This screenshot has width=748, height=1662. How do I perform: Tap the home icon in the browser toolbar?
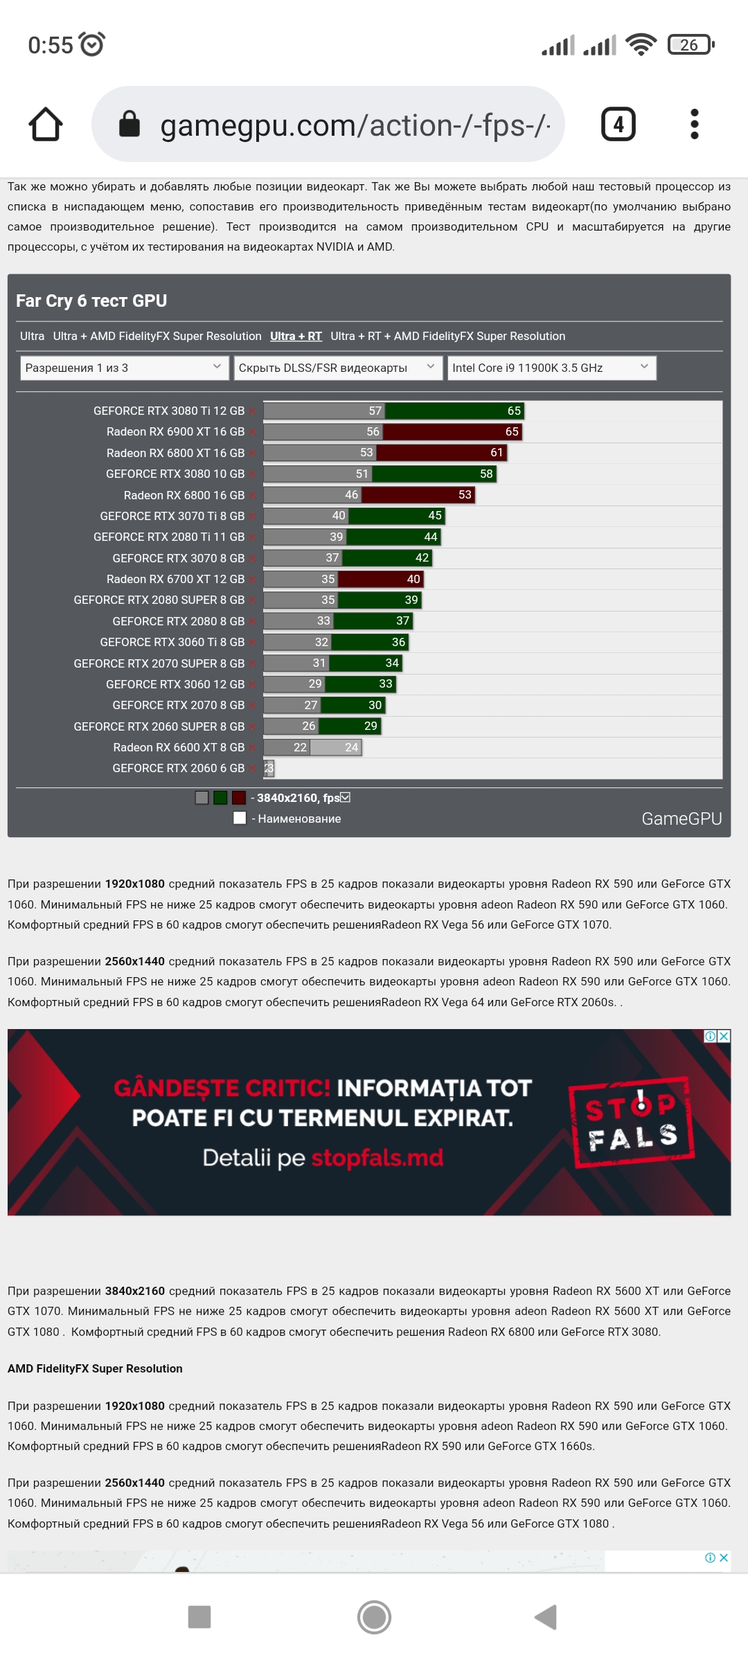(46, 125)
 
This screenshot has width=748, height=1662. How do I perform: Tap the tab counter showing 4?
(618, 125)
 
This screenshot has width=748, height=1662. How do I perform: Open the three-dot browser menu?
(695, 125)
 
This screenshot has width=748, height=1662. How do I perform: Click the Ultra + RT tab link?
(296, 337)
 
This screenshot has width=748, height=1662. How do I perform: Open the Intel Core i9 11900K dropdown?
(551, 368)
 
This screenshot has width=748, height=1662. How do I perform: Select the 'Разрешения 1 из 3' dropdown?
(124, 368)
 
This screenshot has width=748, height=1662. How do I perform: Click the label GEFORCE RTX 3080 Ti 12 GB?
(169, 411)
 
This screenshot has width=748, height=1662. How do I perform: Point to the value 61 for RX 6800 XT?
(497, 453)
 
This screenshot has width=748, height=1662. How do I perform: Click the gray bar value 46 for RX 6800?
(352, 495)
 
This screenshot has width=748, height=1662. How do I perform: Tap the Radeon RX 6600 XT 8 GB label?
(179, 748)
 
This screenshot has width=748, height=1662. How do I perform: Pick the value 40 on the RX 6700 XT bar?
(413, 580)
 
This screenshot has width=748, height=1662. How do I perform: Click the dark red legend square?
(239, 798)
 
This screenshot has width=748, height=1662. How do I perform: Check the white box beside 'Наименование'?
(240, 819)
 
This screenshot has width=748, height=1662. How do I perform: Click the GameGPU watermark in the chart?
(682, 819)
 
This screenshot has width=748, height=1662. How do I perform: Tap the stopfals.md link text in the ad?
(377, 1158)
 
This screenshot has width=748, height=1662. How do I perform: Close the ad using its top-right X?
(724, 1037)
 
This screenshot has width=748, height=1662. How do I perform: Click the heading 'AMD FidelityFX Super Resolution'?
(95, 1368)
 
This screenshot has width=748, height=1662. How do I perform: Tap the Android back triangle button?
(546, 1618)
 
